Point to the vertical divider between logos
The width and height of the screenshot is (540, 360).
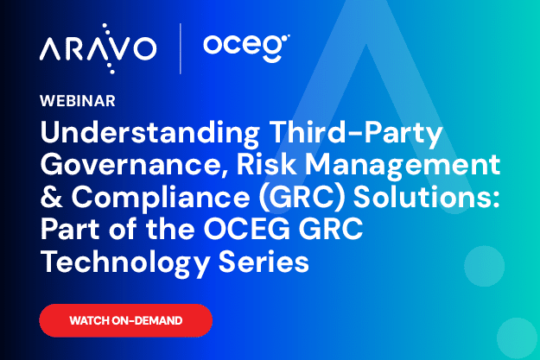pyautogui.click(x=180, y=48)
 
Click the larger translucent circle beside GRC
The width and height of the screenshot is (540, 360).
pyautogui.click(x=484, y=266)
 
